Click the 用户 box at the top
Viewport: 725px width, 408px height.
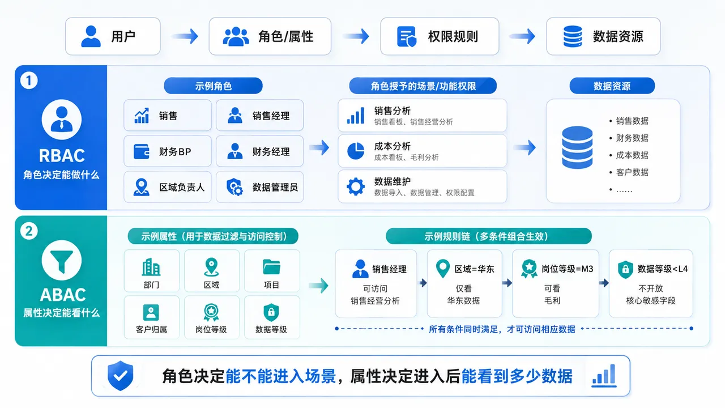tap(113, 36)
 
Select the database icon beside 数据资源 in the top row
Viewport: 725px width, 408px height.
tap(573, 36)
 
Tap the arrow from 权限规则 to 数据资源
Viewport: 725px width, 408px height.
tap(522, 36)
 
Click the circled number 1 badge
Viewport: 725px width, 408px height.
tap(29, 80)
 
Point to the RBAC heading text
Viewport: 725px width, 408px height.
tap(62, 155)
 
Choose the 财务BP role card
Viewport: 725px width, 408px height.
tap(167, 151)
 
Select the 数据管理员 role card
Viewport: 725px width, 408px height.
tap(259, 187)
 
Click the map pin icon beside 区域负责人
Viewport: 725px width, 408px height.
tap(142, 187)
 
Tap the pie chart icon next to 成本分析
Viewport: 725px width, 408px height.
tap(356, 151)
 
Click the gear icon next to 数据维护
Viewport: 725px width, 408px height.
tap(356, 186)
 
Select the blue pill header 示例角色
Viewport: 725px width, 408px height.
tap(214, 86)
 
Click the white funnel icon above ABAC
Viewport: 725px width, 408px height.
tap(62, 260)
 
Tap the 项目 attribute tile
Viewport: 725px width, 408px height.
tap(272, 271)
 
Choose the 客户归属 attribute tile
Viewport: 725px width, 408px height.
tap(151, 317)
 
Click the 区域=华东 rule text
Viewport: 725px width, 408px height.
tap(474, 269)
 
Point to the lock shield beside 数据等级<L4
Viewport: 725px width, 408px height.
tap(625, 269)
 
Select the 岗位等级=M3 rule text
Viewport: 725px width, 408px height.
tap(568, 269)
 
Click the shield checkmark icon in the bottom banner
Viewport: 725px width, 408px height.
tap(121, 376)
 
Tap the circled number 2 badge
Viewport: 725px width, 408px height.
tap(29, 231)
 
